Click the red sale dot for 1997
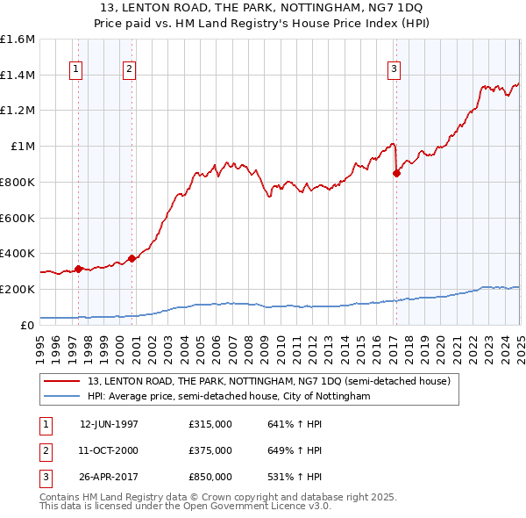pos(78,269)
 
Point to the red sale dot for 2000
pos(131,258)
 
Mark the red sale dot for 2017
pos(396,173)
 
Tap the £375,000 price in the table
pos(210,450)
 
